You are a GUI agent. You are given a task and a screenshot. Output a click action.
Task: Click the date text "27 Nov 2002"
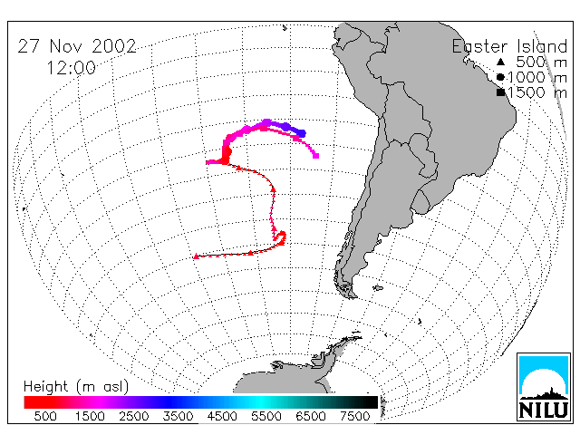[x=77, y=46]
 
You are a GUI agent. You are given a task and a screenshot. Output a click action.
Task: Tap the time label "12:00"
[x=71, y=68]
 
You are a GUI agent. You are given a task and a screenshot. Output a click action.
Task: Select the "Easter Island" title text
[x=509, y=46]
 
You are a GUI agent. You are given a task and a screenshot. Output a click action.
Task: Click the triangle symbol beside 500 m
[x=500, y=62]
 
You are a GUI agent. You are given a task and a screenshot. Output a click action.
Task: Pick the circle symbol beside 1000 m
[x=500, y=77]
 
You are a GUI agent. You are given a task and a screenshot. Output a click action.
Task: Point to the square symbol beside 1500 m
[x=500, y=92]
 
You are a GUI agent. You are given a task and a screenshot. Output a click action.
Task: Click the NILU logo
[x=544, y=387]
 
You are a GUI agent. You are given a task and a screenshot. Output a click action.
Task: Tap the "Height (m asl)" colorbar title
[x=76, y=387]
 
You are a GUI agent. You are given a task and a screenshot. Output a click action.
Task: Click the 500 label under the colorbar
[x=45, y=416]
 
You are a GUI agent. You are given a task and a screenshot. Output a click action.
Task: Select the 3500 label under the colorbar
[x=178, y=416]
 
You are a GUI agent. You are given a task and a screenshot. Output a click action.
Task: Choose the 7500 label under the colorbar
[x=354, y=416]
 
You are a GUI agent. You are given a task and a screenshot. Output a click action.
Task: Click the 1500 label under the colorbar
[x=90, y=416]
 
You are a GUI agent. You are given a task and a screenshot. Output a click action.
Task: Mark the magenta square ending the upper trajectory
[x=316, y=156]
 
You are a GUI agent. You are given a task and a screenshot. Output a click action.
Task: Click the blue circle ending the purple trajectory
[x=302, y=133]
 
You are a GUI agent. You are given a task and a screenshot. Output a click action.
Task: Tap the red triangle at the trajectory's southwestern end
[x=196, y=256]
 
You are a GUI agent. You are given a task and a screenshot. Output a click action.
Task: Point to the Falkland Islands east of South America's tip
[x=378, y=287]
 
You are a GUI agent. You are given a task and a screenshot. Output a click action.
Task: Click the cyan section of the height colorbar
[x=259, y=402]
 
